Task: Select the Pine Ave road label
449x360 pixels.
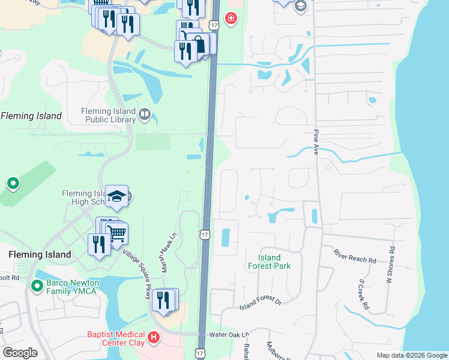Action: tap(315, 144)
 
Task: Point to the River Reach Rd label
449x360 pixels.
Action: tap(355, 256)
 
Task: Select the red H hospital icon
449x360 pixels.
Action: tap(154, 338)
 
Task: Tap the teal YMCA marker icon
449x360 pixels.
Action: tap(35, 286)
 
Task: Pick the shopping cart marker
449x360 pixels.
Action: tap(117, 233)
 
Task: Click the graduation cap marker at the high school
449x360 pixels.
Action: tap(116, 196)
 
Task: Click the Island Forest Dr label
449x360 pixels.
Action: tap(261, 303)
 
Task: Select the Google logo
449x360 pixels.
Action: tap(20, 353)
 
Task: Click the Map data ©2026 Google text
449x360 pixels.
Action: tap(411, 355)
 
